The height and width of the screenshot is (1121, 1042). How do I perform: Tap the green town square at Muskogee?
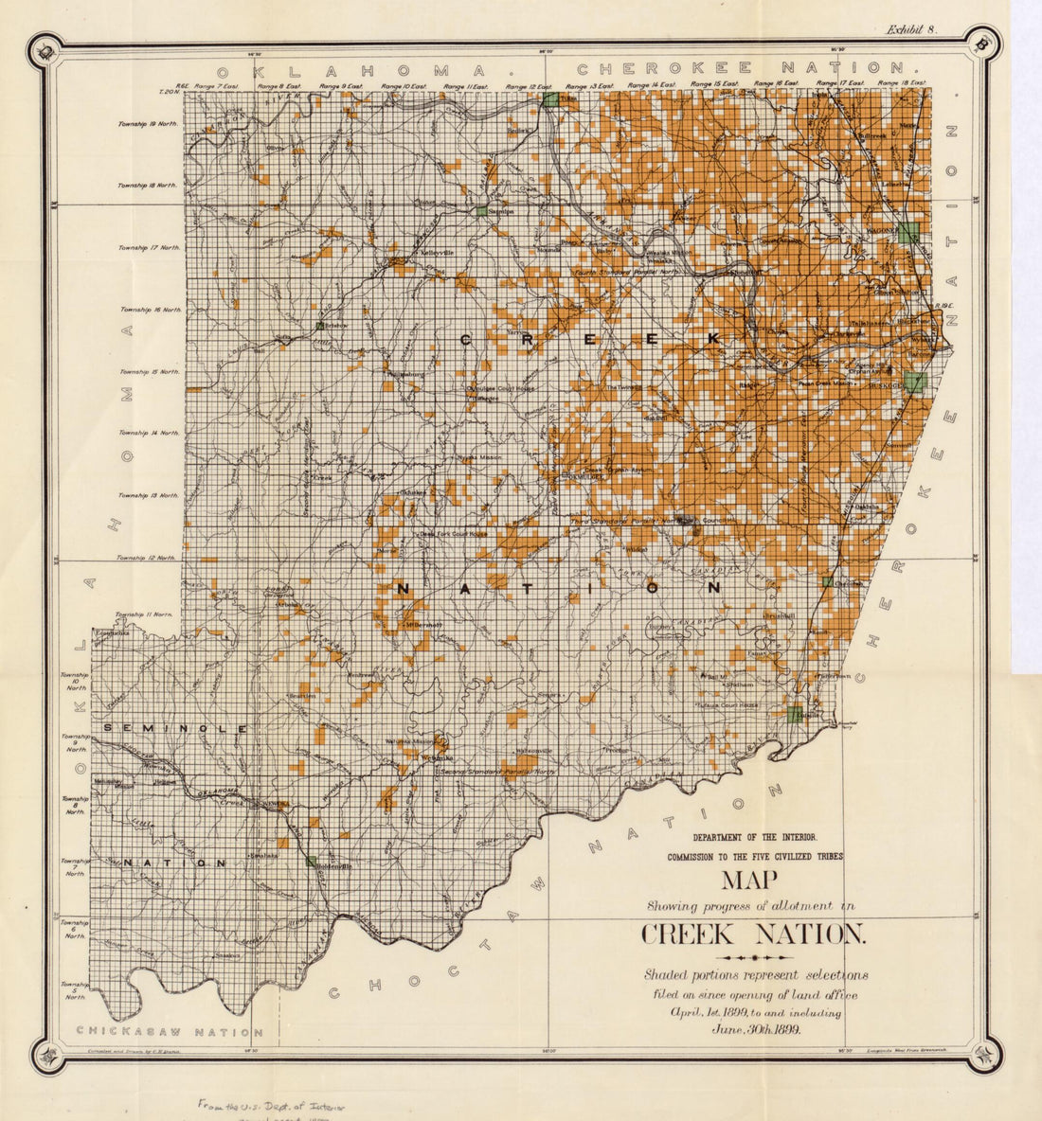[914, 383]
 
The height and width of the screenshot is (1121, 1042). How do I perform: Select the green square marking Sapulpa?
[483, 211]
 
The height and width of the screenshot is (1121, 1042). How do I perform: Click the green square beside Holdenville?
[311, 861]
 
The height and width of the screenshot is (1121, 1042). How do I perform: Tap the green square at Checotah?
[828, 581]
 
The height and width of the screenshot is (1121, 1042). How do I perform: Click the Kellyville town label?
[424, 254]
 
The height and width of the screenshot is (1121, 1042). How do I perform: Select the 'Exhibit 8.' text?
[910, 29]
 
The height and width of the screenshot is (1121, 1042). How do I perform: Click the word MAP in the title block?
[750, 881]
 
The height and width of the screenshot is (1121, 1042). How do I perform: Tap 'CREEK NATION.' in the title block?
[753, 934]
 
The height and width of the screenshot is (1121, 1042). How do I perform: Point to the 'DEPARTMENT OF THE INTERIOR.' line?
[754, 837]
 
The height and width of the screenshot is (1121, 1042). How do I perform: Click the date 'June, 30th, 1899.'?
[754, 1030]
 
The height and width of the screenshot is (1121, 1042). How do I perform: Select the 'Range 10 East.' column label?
[404, 86]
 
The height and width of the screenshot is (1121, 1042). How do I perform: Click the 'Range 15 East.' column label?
[715, 85]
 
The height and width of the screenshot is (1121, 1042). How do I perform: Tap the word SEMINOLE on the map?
[175, 728]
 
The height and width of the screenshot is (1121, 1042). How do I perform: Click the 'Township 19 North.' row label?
[149, 124]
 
